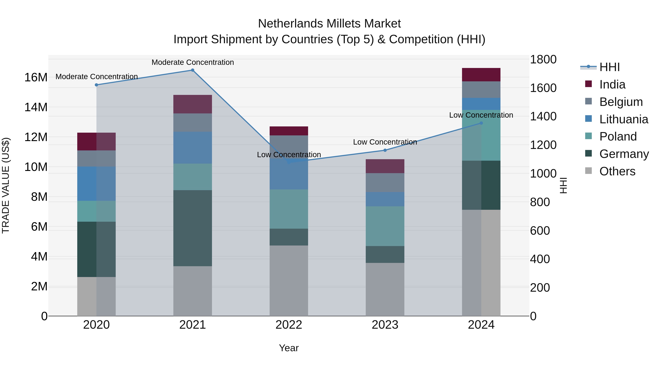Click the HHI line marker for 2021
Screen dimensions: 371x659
193,70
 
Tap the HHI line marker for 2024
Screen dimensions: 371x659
481,123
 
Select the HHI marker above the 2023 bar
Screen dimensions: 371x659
385,150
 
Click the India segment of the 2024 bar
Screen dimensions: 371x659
481,75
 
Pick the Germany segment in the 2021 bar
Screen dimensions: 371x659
193,228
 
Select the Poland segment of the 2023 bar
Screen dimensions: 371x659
385,226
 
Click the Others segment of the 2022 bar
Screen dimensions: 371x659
289,281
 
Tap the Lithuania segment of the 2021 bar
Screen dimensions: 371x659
193,148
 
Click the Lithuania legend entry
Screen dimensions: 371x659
623,119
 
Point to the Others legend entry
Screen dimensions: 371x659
617,171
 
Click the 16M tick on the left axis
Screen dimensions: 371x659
36,77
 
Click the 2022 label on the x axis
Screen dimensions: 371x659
289,325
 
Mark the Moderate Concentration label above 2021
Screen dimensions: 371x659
193,62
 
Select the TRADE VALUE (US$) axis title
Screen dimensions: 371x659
6,185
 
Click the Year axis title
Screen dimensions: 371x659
289,348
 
